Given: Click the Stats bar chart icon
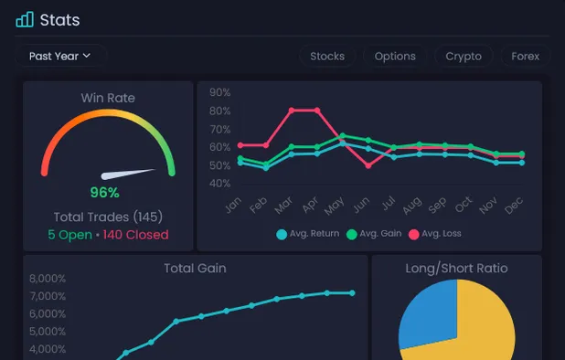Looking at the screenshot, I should (x=25, y=19).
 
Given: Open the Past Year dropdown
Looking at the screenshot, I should (x=60, y=56).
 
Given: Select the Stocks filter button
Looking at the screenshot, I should (x=327, y=56).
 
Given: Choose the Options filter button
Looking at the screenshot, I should (x=395, y=56).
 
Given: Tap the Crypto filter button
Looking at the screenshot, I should (x=464, y=56).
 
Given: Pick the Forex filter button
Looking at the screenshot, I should (x=525, y=56).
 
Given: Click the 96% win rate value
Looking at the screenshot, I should (x=104, y=193).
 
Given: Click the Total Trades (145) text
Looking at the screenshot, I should (x=108, y=217).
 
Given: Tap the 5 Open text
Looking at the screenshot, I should (x=69, y=235).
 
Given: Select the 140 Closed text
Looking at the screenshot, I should (x=135, y=235).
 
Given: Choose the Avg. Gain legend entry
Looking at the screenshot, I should (x=374, y=234).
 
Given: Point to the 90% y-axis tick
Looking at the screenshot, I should (x=219, y=92).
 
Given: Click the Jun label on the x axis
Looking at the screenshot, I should (x=363, y=203).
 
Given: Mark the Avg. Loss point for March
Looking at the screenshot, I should (x=292, y=111).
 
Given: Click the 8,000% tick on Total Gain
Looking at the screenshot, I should (x=48, y=279).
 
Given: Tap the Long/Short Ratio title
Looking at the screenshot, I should (x=456, y=269).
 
